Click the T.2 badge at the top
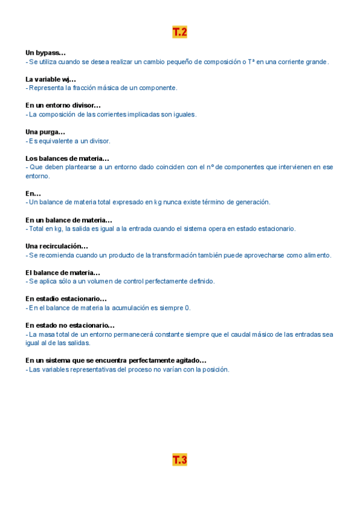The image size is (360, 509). click(179, 32)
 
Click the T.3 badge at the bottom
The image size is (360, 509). click(179, 460)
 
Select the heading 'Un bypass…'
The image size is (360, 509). click(46, 53)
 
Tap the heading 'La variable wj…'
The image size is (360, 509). click(50, 79)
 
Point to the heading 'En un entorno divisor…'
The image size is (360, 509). click(63, 106)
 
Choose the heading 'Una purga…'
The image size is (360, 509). click(45, 132)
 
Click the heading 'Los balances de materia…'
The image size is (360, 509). click(67, 158)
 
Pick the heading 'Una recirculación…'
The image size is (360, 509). click(56, 246)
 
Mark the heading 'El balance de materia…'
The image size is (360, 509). click(62, 273)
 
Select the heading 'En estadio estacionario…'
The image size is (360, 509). click(66, 299)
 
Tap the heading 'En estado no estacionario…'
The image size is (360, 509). click(70, 325)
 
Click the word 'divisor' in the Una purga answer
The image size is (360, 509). click(98, 141)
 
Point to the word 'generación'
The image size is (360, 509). click(252, 202)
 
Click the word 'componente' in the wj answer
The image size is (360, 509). click(158, 88)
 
